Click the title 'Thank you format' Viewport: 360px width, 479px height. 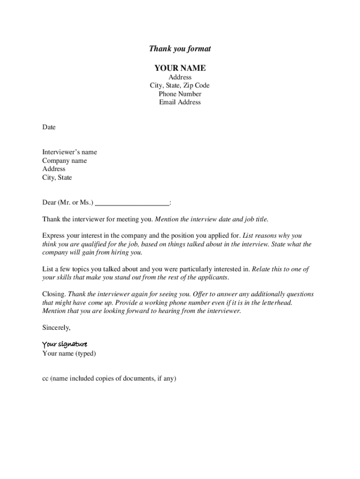pyautogui.click(x=180, y=49)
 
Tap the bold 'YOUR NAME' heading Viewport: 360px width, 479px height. pyautogui.click(x=180, y=68)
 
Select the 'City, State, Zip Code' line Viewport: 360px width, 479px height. pyautogui.click(x=180, y=86)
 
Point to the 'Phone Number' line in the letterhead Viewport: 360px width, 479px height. pyautogui.click(x=180, y=94)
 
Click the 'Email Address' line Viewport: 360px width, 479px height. pyautogui.click(x=180, y=102)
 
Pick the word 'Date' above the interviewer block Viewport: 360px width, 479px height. pyautogui.click(x=49, y=127)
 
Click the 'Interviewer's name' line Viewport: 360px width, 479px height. pyautogui.click(x=70, y=152)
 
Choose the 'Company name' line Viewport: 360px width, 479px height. pyautogui.click(x=65, y=160)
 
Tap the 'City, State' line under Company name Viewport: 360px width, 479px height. pyautogui.click(x=57, y=178)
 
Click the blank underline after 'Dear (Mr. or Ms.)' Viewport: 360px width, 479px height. pyautogui.click(x=132, y=203)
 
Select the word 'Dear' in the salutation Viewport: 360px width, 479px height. pyautogui.click(x=49, y=203)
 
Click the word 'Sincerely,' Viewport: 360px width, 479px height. pyautogui.click(x=56, y=328)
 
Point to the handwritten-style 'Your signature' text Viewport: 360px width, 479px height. pyautogui.click(x=65, y=345)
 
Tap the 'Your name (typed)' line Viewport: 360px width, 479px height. pyautogui.click(x=69, y=354)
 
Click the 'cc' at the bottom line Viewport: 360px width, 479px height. pyautogui.click(x=45, y=379)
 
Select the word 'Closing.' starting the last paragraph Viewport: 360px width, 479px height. pyautogui.click(x=54, y=294)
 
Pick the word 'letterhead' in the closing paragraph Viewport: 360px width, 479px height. pyautogui.click(x=276, y=303)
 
